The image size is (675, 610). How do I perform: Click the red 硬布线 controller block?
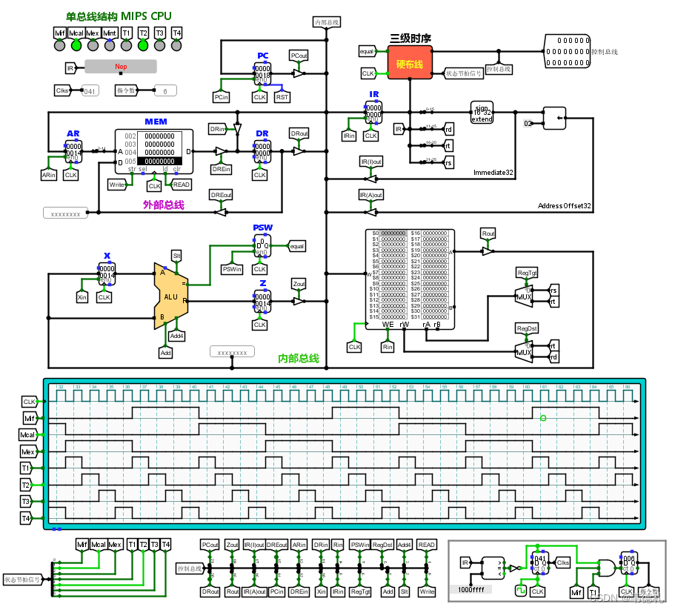coord(410,65)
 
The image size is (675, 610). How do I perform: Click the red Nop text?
coord(121,67)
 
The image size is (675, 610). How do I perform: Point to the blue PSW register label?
coord(262,228)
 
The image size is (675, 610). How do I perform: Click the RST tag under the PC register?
coord(282,97)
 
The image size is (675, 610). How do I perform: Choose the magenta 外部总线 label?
coord(163,205)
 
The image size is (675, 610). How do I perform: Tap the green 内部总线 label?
coord(298,359)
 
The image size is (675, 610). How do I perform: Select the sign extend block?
coord(482,115)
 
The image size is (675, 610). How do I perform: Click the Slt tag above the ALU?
coord(176,255)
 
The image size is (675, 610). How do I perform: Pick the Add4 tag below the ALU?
coord(176,336)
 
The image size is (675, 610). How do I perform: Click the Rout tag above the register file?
coord(488,233)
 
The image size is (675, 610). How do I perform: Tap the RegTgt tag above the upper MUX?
coord(527,273)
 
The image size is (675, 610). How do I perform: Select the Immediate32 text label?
coord(494,172)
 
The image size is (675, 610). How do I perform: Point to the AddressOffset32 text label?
coord(564,205)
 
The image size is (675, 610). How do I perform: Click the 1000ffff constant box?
coord(470,590)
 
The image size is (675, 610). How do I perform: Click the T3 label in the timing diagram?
coord(27,501)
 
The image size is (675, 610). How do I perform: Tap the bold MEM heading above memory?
coord(156,122)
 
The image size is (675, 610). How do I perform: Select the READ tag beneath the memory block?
coord(182,185)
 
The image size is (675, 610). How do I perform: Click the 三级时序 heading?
coord(410,38)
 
